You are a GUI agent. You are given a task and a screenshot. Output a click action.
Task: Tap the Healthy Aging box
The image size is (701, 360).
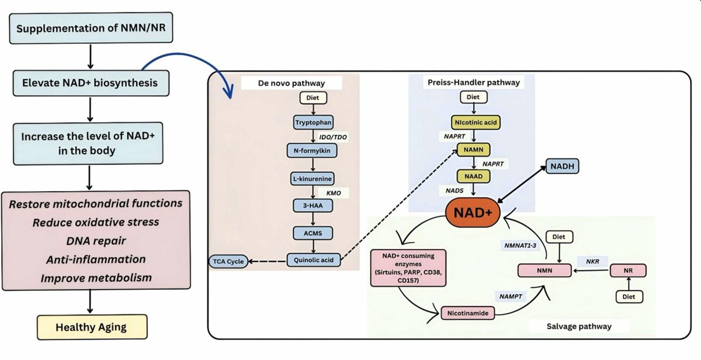pos(91,327)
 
